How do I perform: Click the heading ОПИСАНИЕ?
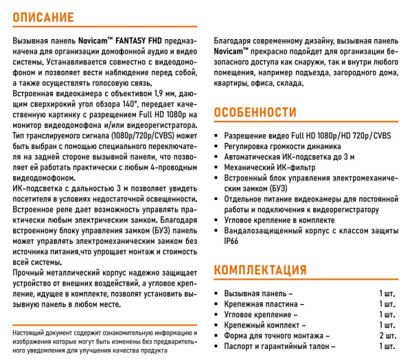pyautogui.click(x=45, y=14)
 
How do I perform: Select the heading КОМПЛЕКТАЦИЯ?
pyautogui.click(x=260, y=269)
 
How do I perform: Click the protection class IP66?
pyautogui.click(x=231, y=242)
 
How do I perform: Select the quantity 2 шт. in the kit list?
pyautogui.click(x=387, y=336)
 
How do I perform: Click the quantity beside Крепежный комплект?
pyautogui.click(x=387, y=325)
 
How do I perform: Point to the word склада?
pyautogui.click(x=286, y=82)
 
